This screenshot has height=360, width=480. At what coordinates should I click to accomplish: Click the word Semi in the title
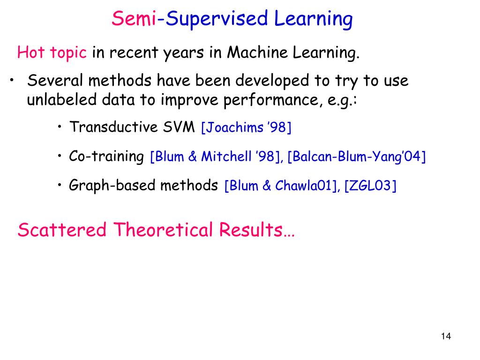(134, 19)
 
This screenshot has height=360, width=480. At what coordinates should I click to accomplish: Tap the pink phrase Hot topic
(52, 53)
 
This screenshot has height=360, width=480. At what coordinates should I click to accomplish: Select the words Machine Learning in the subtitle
(293, 53)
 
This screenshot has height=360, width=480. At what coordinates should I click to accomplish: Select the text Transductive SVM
(132, 127)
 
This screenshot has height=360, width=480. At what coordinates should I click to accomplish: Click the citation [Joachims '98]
(246, 127)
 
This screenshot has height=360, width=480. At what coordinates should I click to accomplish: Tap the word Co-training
(106, 156)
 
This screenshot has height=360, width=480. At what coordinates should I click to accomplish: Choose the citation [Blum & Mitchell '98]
(216, 157)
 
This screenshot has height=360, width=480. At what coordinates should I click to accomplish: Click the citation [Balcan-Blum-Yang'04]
(356, 157)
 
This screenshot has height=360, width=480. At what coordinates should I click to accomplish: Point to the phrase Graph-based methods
(143, 186)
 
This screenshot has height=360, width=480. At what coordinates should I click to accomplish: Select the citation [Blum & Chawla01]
(282, 186)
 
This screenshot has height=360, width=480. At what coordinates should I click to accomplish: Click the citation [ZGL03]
(370, 186)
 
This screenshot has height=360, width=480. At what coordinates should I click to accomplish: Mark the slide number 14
(445, 336)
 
